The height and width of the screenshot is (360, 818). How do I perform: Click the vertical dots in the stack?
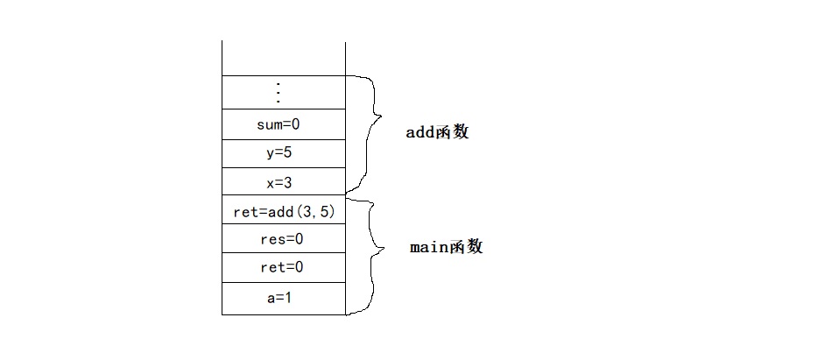[x=279, y=92]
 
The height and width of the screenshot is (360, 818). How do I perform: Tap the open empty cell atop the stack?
[x=284, y=58]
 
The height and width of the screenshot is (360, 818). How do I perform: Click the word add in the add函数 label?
[x=421, y=133]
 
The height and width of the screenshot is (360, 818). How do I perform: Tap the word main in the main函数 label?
[x=429, y=247]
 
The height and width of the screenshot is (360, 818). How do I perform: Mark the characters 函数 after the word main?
[x=467, y=247]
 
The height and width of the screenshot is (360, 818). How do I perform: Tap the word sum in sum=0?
[x=268, y=124]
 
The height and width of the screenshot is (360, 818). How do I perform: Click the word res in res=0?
[x=268, y=239]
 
